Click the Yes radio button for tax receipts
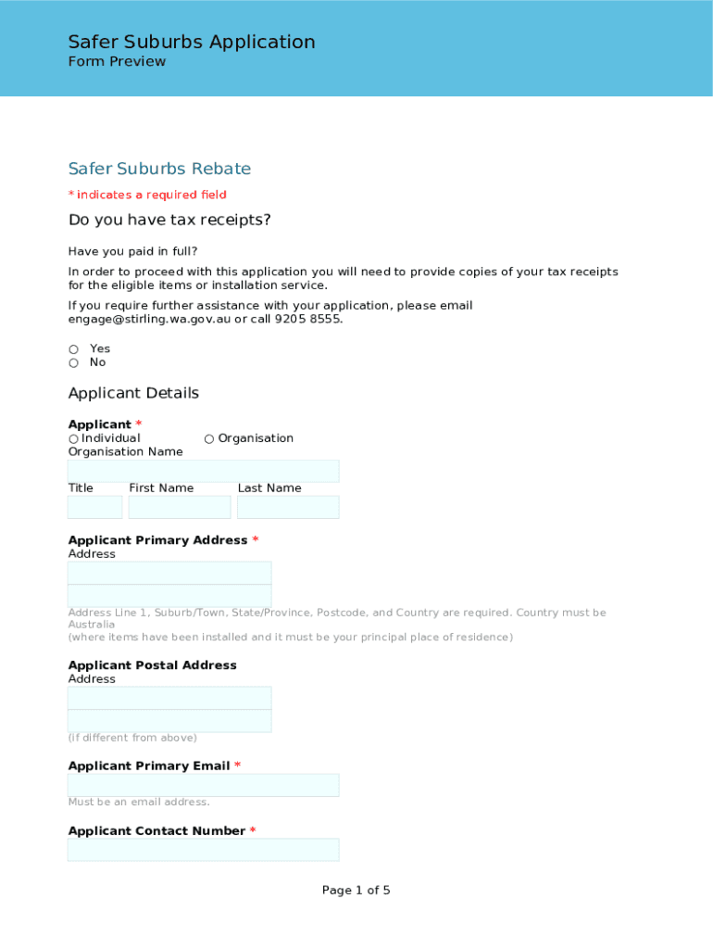pos(73,349)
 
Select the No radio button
pos(73,363)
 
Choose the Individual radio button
pos(73,438)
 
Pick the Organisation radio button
pos(209,438)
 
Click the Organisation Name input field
pos(203,471)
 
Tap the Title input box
pos(94,507)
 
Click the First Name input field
pos(180,507)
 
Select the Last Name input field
pos(288,507)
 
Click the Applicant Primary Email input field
pos(203,785)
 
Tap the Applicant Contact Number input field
pos(203,850)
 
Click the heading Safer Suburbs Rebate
pos(159,169)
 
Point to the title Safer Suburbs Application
pos(192,42)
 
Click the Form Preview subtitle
pos(117,62)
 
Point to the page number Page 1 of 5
pos(356,891)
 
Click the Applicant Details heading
pos(133,393)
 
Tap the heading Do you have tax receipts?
pos(169,220)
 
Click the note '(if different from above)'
pos(132,738)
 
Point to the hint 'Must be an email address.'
pos(139,802)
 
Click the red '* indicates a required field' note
pos(147,195)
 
